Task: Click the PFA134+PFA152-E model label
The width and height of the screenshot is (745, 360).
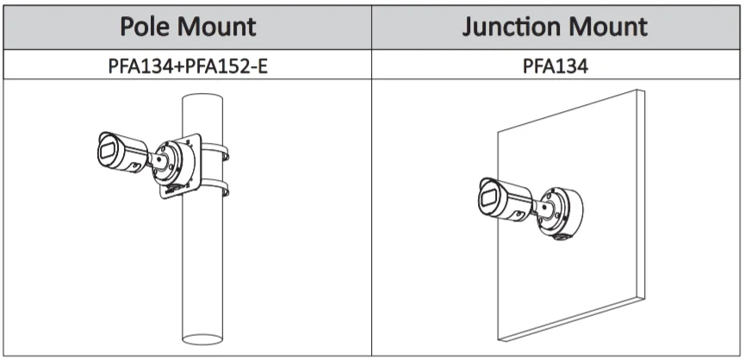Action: pos(188,65)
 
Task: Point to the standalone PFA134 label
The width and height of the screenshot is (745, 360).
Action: pos(556,65)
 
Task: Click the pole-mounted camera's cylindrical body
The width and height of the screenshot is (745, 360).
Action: pos(127,152)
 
